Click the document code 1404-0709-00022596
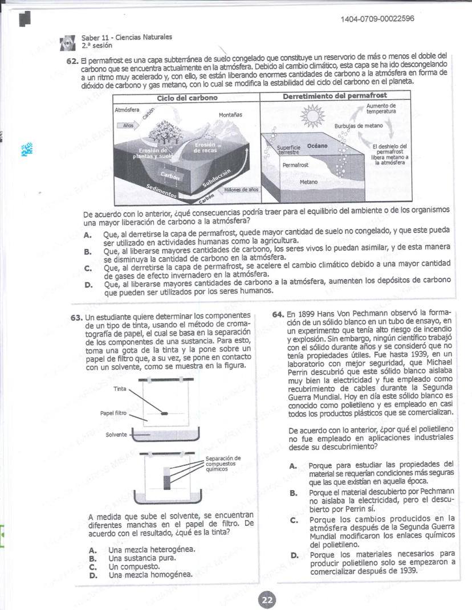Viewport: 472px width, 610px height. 377,19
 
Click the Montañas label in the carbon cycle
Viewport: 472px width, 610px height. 230,115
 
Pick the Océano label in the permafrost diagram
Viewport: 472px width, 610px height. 318,146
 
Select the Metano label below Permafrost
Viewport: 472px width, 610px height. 308,183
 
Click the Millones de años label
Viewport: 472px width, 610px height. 242,189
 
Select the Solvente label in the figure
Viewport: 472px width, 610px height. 117,435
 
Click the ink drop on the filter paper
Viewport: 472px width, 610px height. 164,414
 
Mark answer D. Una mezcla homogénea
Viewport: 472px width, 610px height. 151,575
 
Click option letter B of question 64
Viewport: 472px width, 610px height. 294,492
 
